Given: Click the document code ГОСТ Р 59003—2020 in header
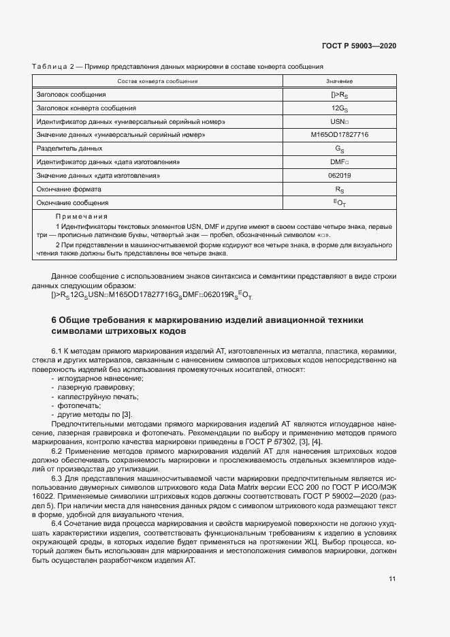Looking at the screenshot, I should pos(359,46).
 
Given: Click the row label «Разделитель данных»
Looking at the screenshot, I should pos(69,148).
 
